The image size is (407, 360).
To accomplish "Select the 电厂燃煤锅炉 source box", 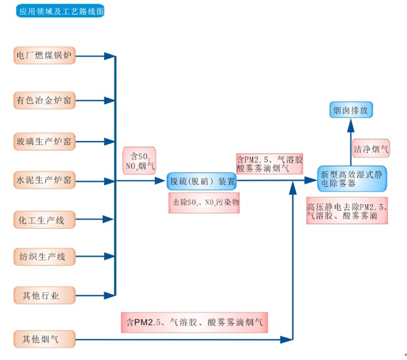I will (x=45, y=56).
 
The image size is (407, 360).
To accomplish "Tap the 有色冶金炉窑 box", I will (x=45, y=100).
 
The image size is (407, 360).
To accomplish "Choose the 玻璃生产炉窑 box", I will (x=45, y=141).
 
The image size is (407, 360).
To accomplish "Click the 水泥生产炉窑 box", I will (x=45, y=181).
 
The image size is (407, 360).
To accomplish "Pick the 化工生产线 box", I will (x=45, y=219).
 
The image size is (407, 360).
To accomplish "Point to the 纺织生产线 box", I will (x=45, y=257).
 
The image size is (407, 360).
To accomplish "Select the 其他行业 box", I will (x=45, y=296).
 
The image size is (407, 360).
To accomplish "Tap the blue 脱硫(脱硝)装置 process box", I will (x=201, y=181).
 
